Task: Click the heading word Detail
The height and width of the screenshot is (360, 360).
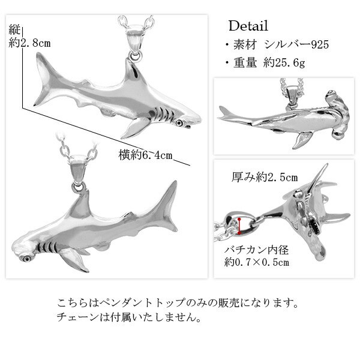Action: [248, 26]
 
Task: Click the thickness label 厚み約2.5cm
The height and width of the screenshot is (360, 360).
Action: [265, 177]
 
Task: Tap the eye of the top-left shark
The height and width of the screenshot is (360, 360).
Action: [179, 122]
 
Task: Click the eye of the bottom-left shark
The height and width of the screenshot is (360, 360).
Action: [28, 258]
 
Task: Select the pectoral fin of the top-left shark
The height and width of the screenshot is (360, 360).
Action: [136, 127]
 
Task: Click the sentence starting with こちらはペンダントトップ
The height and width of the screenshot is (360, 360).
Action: [181, 302]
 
